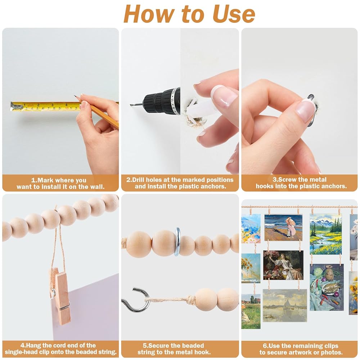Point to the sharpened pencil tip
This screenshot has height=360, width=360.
point(75,96)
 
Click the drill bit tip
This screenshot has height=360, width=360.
point(131,105)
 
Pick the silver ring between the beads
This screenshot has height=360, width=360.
point(177,242)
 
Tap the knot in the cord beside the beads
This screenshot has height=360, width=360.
point(191,300)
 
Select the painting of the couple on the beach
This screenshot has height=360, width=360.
point(283,228)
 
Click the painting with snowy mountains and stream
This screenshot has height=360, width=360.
point(325,234)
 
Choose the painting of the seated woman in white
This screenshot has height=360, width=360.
point(283,265)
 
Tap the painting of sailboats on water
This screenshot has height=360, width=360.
point(285,306)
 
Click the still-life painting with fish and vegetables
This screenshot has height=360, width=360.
point(327,287)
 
